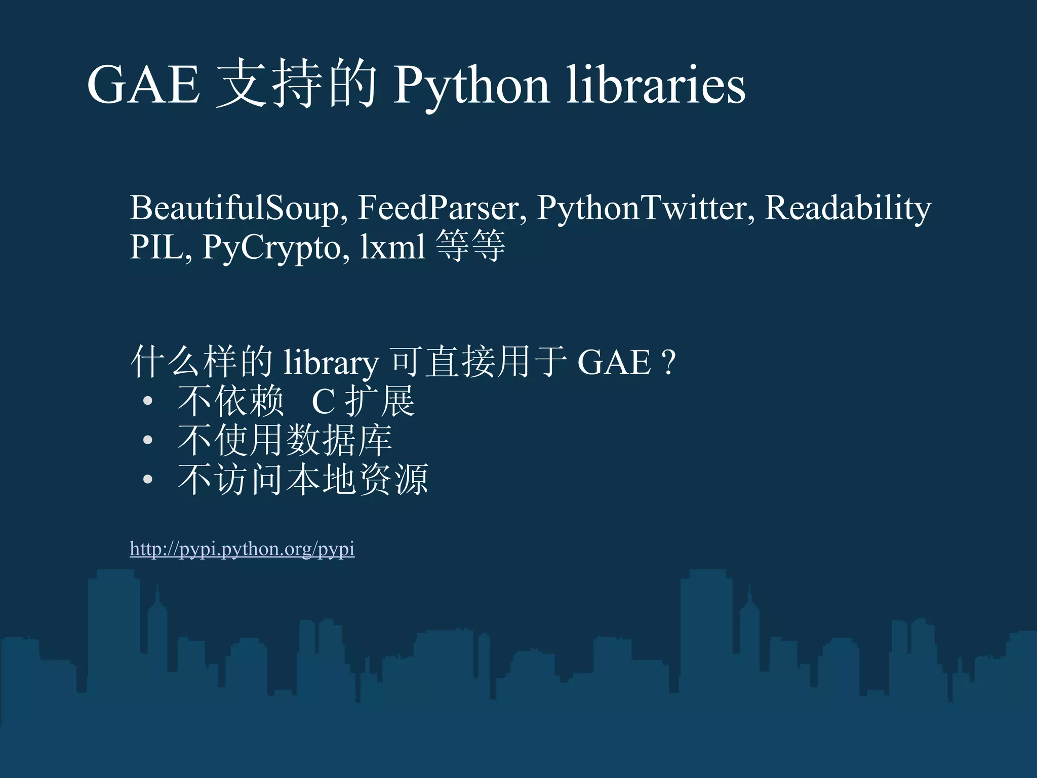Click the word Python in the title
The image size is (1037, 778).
(471, 85)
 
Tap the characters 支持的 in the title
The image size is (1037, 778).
(297, 84)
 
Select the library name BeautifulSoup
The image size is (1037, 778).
(234, 208)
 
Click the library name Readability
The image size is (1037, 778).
(848, 208)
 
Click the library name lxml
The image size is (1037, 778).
(392, 247)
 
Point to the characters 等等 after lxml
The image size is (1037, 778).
(470, 246)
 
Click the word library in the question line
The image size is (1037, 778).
(331, 363)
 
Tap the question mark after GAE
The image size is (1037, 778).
(668, 363)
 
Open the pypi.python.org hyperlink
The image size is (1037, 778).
(242, 549)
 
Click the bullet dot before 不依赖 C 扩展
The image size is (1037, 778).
(147, 402)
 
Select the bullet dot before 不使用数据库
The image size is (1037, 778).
(147, 440)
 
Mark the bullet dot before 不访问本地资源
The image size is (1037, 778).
(147, 479)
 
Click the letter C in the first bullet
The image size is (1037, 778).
(323, 402)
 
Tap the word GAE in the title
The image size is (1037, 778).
(144, 85)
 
